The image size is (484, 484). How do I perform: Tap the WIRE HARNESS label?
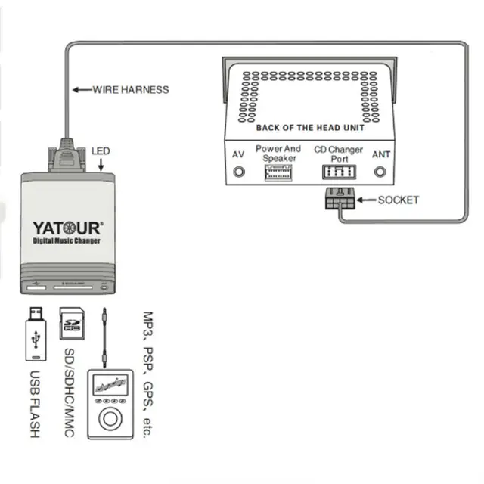[x=130, y=90]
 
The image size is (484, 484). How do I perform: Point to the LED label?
[x=101, y=151]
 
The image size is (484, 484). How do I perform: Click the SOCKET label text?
[x=398, y=200]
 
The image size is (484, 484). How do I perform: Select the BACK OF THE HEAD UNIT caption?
[x=310, y=128]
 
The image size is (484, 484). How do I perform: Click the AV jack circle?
[x=239, y=172]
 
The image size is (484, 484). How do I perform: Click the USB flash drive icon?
[x=34, y=337]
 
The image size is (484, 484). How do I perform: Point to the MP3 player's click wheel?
[x=110, y=418]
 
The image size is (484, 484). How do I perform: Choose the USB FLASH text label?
[x=34, y=404]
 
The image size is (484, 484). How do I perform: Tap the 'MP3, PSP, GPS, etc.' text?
[x=148, y=374]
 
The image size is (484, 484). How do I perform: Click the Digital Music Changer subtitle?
[x=67, y=240]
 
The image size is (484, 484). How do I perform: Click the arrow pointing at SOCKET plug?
[x=366, y=200]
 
